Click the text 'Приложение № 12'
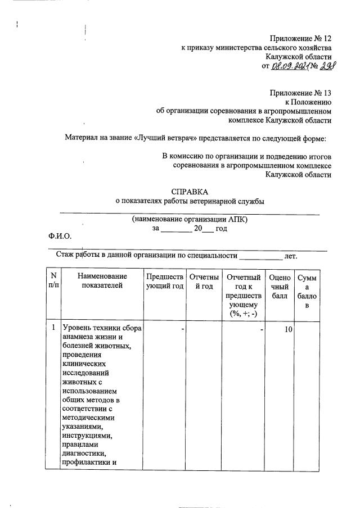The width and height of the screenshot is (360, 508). pyautogui.click(x=301, y=38)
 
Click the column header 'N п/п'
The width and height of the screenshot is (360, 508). pyautogui.click(x=53, y=281)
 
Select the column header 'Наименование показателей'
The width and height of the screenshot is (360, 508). pyautogui.click(x=102, y=281)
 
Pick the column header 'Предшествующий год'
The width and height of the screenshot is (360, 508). pyautogui.click(x=165, y=281)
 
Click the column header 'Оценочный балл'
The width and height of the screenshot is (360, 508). pyautogui.click(x=280, y=285)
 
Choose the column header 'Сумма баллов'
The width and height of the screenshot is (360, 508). pyautogui.click(x=307, y=291)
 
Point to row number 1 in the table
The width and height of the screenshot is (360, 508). pyautogui.click(x=53, y=328)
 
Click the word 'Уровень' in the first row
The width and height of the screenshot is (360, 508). pyautogui.click(x=76, y=328)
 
